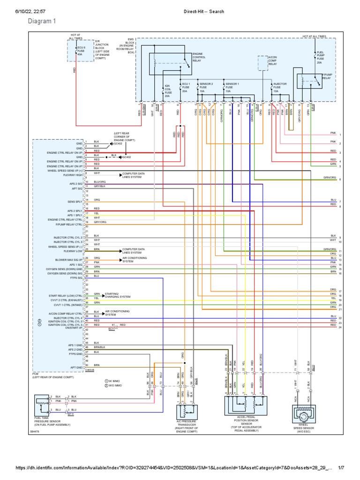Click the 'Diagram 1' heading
(42, 21)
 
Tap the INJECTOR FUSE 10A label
(280, 87)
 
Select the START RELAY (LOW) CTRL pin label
(66, 296)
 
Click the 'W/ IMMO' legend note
(115, 381)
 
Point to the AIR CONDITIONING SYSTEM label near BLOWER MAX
(135, 260)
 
